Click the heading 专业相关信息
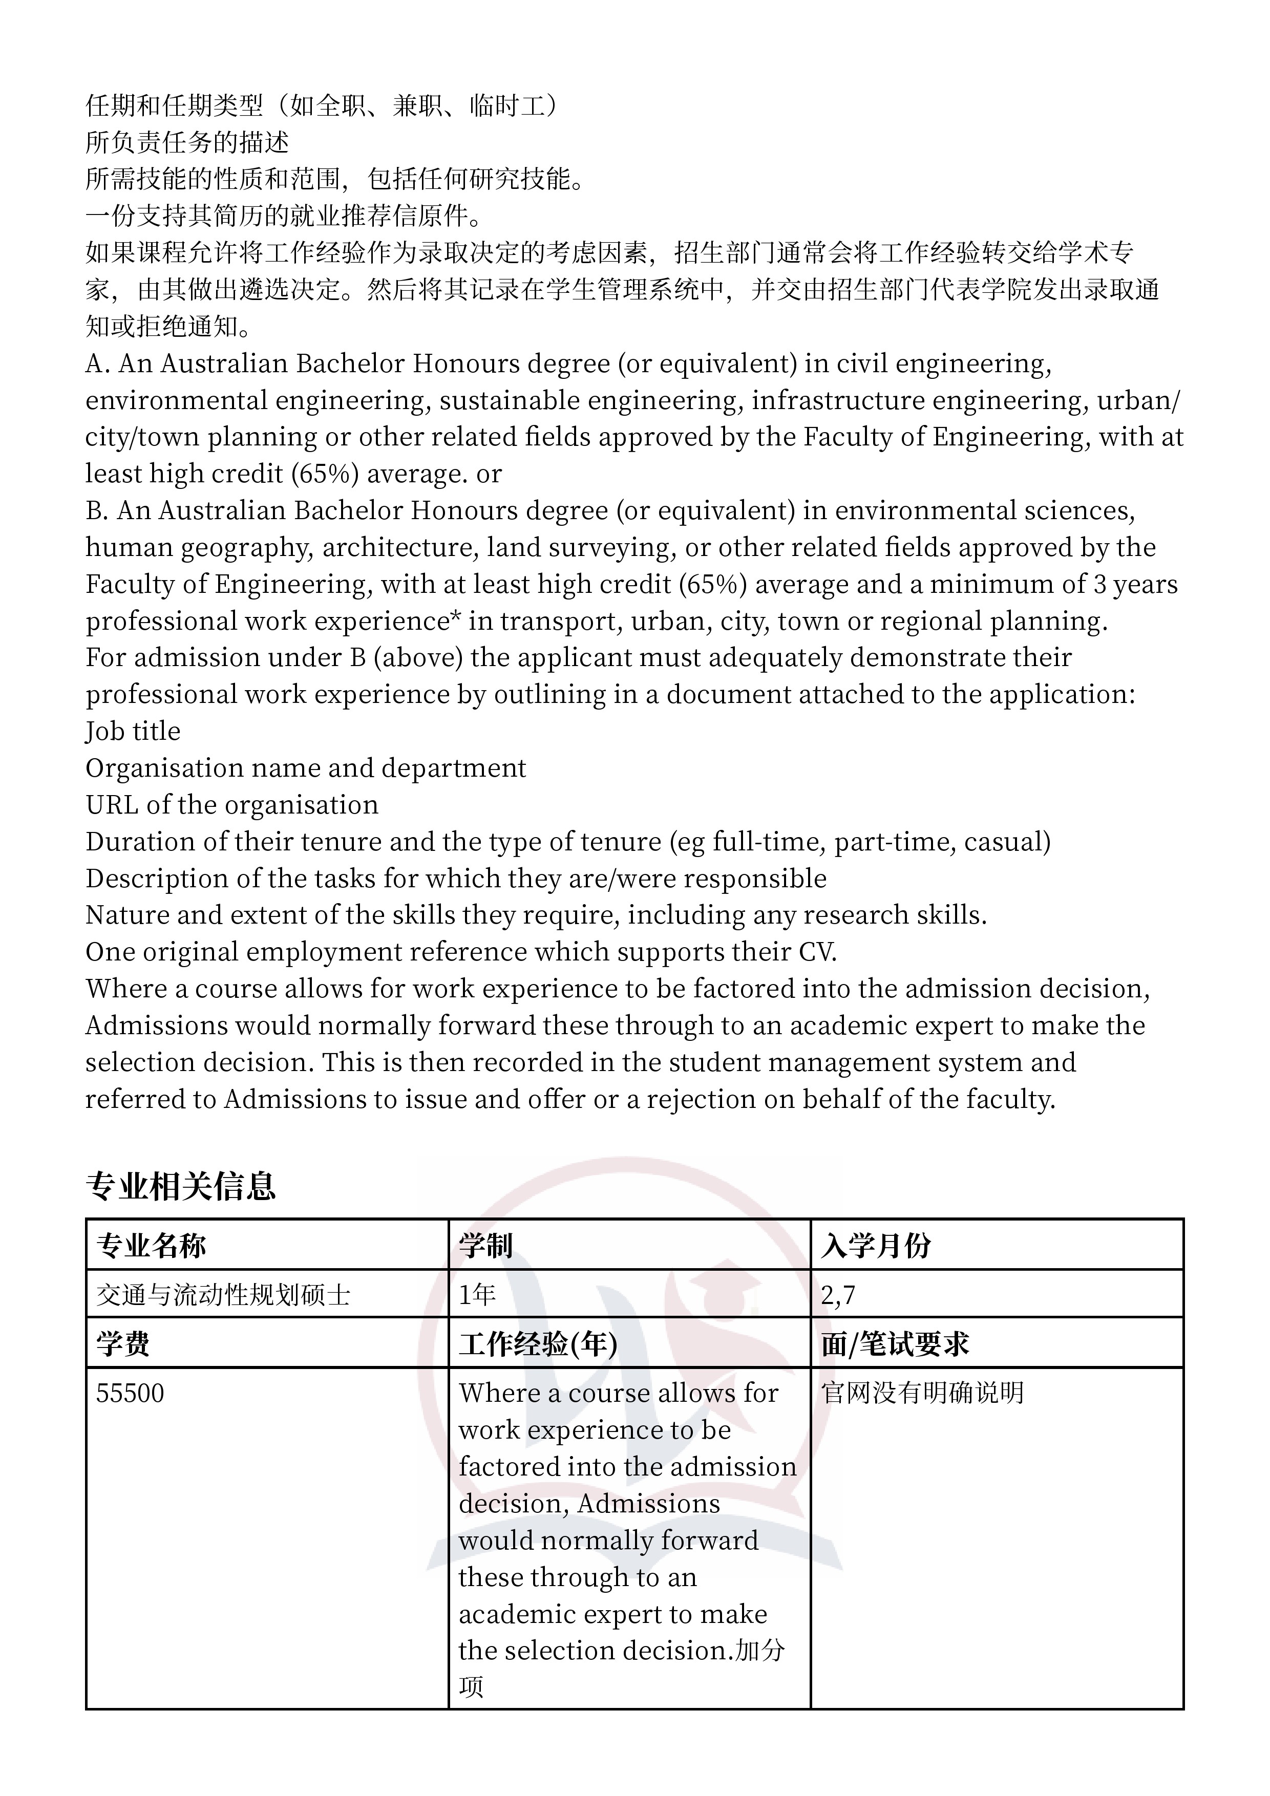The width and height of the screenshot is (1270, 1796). pos(181,1187)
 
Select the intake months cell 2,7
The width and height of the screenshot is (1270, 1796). pos(838,1295)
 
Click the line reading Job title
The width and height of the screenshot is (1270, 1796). pos(133,732)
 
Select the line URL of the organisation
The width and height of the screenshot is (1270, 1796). pos(231,805)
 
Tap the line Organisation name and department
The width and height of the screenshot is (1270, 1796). pos(305,768)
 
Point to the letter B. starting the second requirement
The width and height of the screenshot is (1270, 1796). pos(96,511)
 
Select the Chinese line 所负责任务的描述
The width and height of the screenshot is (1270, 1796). pos(187,142)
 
